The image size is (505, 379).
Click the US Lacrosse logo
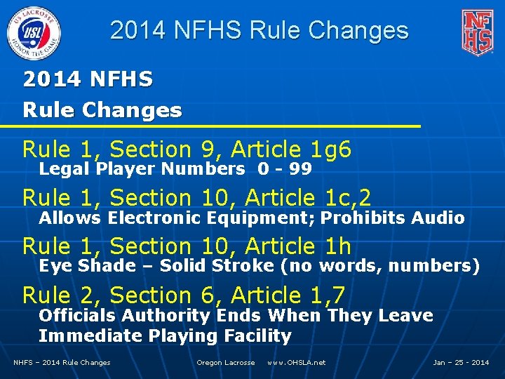click(x=34, y=32)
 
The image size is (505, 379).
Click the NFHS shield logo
click(x=477, y=32)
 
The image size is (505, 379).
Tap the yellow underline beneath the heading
click(x=210, y=126)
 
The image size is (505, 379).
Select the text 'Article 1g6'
click(x=291, y=150)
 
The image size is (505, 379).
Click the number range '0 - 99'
click(x=285, y=169)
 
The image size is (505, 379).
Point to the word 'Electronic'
click(x=155, y=218)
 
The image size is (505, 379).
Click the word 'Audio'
click(x=438, y=218)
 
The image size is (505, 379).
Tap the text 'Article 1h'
click(x=291, y=247)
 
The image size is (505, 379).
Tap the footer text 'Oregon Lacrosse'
click(x=225, y=363)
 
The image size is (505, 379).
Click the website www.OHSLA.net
click(x=296, y=363)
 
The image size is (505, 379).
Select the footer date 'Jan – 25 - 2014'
click(x=461, y=363)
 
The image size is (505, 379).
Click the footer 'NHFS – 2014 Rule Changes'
click(x=62, y=363)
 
